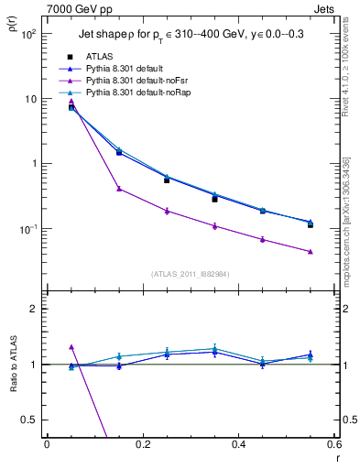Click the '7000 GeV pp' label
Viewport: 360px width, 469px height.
point(77,8)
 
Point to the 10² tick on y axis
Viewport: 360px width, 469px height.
point(28,34)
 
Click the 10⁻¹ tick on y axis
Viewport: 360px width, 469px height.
point(27,229)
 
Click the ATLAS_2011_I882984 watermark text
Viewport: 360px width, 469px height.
point(191,273)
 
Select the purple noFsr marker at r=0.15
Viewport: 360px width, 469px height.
point(119,189)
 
